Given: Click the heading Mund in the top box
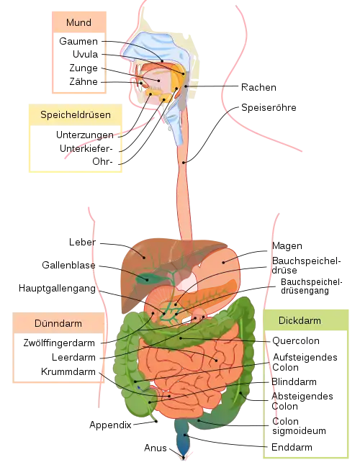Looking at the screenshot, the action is [x=78, y=22].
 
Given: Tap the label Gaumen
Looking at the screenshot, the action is [x=78, y=41].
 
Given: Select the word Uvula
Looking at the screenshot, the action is [x=85, y=54].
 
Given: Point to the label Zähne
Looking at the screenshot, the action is [x=84, y=81].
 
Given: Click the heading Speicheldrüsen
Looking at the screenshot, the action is [x=76, y=114].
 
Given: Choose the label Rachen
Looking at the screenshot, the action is [x=258, y=87].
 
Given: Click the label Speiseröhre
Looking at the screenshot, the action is [x=269, y=108].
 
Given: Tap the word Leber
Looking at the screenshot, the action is [x=82, y=242].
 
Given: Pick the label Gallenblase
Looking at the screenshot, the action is [x=68, y=265].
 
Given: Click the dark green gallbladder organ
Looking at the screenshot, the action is [x=147, y=278].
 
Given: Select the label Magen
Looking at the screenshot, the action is [x=287, y=245].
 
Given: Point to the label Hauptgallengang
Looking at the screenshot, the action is [x=58, y=289].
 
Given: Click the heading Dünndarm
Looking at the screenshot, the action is [x=58, y=323].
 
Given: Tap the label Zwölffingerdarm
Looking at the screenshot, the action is [x=59, y=343].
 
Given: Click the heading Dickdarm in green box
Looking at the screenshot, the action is [x=300, y=320].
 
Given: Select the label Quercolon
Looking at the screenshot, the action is [x=295, y=341].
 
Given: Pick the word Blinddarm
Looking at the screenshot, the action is [x=294, y=381].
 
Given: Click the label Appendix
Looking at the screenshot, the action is [x=110, y=425].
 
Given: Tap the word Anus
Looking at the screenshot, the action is [x=156, y=448].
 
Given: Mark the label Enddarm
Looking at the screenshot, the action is [x=292, y=447].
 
